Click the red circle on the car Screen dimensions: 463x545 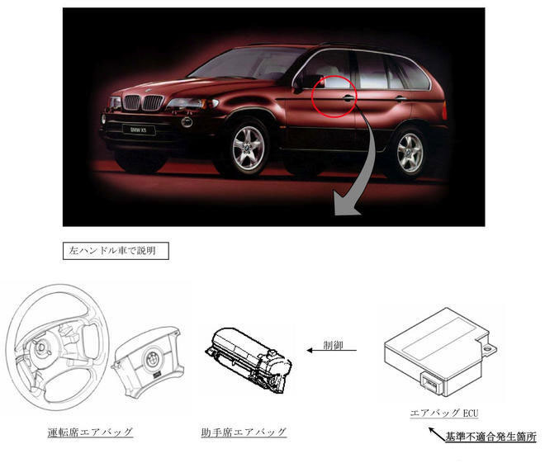pos(334,97)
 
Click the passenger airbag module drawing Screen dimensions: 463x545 pos(250,356)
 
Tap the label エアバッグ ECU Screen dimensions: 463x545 pos(443,412)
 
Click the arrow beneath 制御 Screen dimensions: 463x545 pos(332,350)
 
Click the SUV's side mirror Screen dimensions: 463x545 pos(310,81)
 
